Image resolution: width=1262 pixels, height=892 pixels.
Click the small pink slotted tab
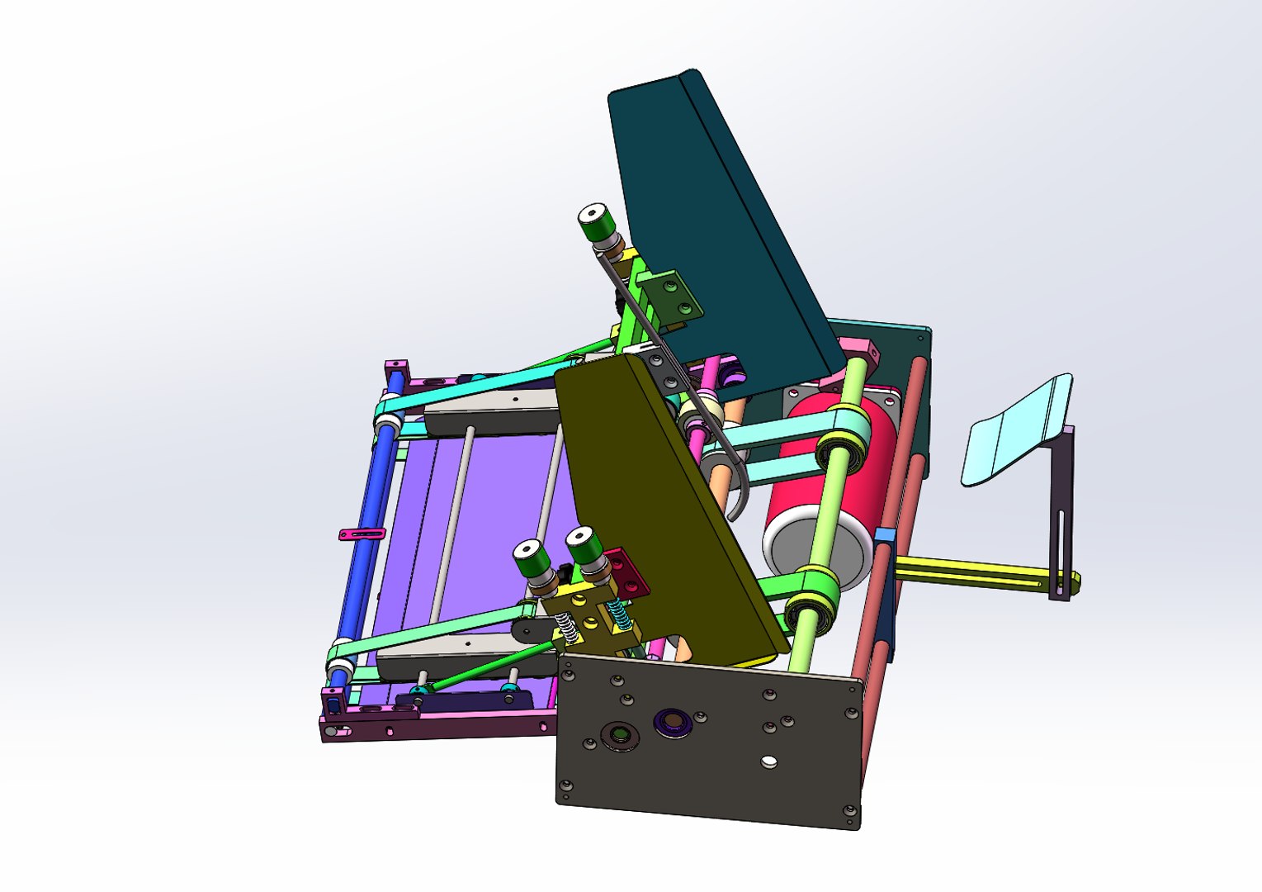coord(362,534)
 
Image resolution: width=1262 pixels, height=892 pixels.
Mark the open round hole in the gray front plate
coord(769,760)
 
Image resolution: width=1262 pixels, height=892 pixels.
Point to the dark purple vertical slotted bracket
coord(1061,512)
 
